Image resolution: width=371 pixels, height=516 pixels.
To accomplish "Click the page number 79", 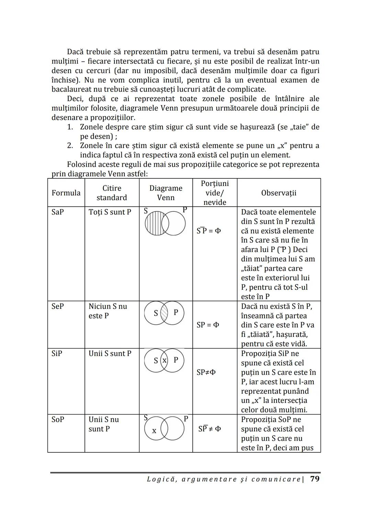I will pos(315,479).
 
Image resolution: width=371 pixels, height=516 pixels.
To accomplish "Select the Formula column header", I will pos(66,193).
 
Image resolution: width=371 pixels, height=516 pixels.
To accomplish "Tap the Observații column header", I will pos(279,193).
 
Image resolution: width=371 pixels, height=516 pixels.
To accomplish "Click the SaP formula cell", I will pos(58,212).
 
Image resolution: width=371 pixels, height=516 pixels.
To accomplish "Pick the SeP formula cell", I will pos(58,306).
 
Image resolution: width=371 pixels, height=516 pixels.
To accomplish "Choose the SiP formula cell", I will pos(57,353).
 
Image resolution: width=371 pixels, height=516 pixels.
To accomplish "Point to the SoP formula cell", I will pos(58,419).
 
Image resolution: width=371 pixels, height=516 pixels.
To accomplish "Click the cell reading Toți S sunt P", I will pos(110,212).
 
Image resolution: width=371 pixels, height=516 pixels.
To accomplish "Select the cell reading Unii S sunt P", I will pos(110,353).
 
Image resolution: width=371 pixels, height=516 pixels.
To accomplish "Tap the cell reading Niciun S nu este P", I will pos(108,311).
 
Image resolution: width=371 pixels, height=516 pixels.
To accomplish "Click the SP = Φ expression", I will pos(208,325).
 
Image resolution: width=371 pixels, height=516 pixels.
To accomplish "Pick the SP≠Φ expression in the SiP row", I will pos(206,372).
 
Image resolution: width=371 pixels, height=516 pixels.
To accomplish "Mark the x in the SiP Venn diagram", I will pos(165,360).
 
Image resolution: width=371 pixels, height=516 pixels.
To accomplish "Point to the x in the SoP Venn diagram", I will pos(154,430).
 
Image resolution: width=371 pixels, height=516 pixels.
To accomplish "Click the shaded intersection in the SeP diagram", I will pos(165,313).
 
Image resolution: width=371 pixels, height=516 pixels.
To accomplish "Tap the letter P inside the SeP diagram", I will pos(176,312).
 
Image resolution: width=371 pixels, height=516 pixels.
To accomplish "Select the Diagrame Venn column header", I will pos(166,193).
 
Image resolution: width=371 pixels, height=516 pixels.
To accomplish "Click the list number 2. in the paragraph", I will pos(70,146).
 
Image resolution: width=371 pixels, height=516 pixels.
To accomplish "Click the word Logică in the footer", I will pos(160,479).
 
